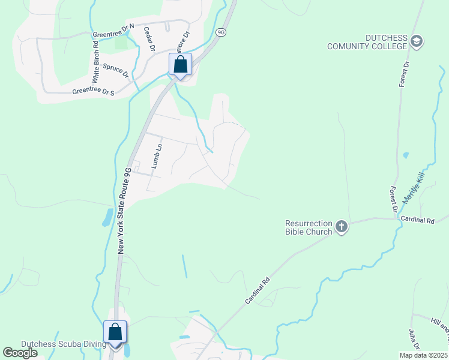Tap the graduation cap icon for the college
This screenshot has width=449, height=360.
pos(417,41)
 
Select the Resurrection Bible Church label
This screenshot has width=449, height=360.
pos(309,228)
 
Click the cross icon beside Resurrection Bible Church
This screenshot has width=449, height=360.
pos(342,227)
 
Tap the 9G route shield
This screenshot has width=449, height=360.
pos(221,32)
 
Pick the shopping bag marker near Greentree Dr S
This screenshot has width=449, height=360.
pos(180,64)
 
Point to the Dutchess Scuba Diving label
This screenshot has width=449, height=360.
pos(64,344)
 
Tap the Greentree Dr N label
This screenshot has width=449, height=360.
pos(113,31)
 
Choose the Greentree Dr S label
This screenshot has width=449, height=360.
pos(93,92)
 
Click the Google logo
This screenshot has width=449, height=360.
pos(20,353)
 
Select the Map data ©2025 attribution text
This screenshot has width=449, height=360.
pos(423,355)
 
